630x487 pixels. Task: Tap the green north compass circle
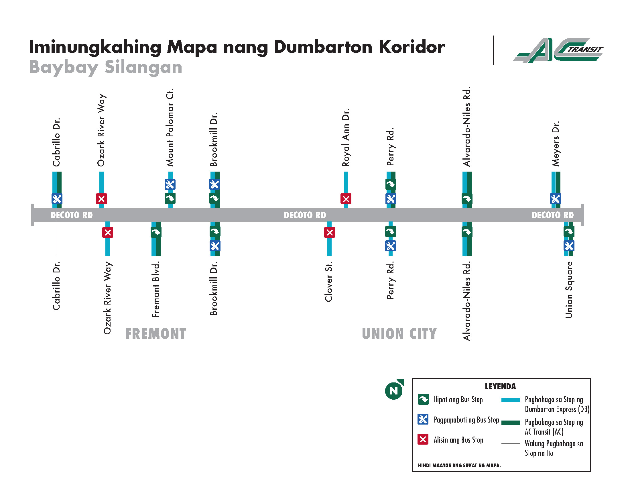point(394,391)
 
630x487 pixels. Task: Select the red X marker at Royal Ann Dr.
point(346,199)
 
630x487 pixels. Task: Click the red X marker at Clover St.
point(329,232)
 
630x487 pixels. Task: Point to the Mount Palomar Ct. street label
point(170,127)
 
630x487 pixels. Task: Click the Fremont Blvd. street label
point(156,289)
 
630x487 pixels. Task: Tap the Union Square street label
point(569,290)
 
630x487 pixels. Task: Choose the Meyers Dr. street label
point(556,144)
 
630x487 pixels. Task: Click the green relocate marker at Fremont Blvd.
point(156,232)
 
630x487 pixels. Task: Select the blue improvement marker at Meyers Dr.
point(556,199)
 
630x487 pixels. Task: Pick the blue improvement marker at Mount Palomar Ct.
point(170,184)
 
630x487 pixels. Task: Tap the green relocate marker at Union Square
point(569,231)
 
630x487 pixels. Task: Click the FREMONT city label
point(156,334)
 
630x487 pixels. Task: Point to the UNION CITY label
point(399,334)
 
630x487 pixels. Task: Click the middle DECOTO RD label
point(305,215)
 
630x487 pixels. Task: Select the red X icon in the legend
point(423,439)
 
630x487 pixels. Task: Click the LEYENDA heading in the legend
point(500,386)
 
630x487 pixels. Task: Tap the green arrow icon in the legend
point(423,399)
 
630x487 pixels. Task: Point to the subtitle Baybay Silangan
point(106,67)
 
